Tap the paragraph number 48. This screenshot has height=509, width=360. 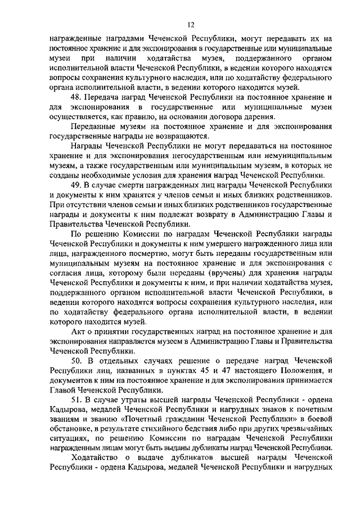76,97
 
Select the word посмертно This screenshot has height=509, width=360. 151,254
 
